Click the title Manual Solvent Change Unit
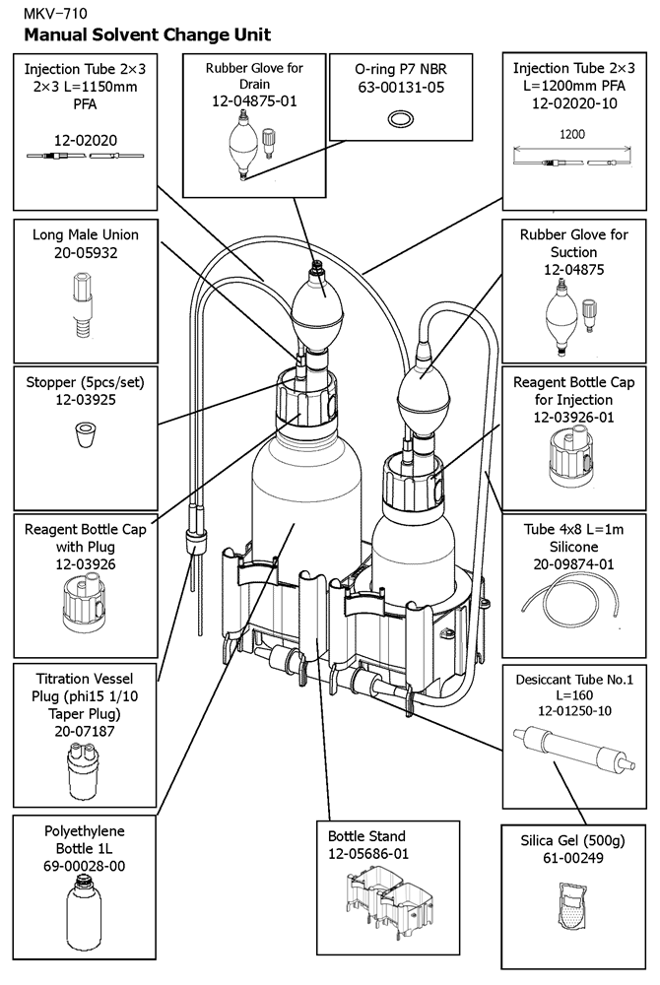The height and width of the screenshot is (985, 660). click(148, 34)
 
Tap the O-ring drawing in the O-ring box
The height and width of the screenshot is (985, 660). click(400, 118)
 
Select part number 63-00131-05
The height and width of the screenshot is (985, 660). click(401, 87)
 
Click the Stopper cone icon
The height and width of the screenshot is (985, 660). click(85, 434)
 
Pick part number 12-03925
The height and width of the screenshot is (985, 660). click(86, 400)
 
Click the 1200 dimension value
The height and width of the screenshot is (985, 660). click(572, 134)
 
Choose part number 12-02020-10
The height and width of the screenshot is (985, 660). click(574, 103)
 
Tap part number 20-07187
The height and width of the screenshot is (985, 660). click(85, 731)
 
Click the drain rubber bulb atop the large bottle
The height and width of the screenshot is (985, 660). click(318, 306)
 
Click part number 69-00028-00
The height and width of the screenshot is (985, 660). click(84, 866)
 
